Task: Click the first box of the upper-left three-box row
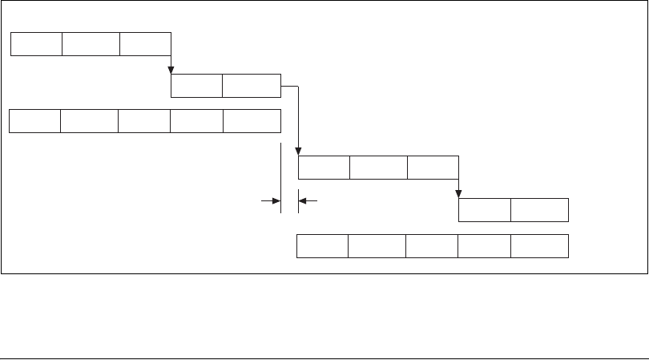pyautogui.click(x=36, y=44)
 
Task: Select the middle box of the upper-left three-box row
pyautogui.click(x=91, y=44)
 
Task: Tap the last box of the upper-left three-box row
pyautogui.click(x=145, y=44)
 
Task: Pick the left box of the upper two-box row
pyautogui.click(x=196, y=87)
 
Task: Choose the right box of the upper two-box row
pyautogui.click(x=252, y=87)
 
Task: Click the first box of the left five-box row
pyautogui.click(x=34, y=121)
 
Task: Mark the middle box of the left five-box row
pyautogui.click(x=144, y=121)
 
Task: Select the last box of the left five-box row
pyautogui.click(x=252, y=121)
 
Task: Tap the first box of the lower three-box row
pyautogui.click(x=324, y=168)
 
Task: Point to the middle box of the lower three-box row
pyautogui.click(x=378, y=168)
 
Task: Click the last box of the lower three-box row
pyautogui.click(x=433, y=168)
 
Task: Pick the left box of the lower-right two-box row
pyautogui.click(x=484, y=209)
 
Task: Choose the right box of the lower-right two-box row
pyautogui.click(x=539, y=209)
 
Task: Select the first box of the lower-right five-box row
pyautogui.click(x=322, y=246)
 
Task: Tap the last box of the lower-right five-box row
pyautogui.click(x=539, y=246)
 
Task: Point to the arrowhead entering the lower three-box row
pyautogui.click(x=298, y=152)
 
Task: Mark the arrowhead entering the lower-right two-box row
pyautogui.click(x=458, y=193)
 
